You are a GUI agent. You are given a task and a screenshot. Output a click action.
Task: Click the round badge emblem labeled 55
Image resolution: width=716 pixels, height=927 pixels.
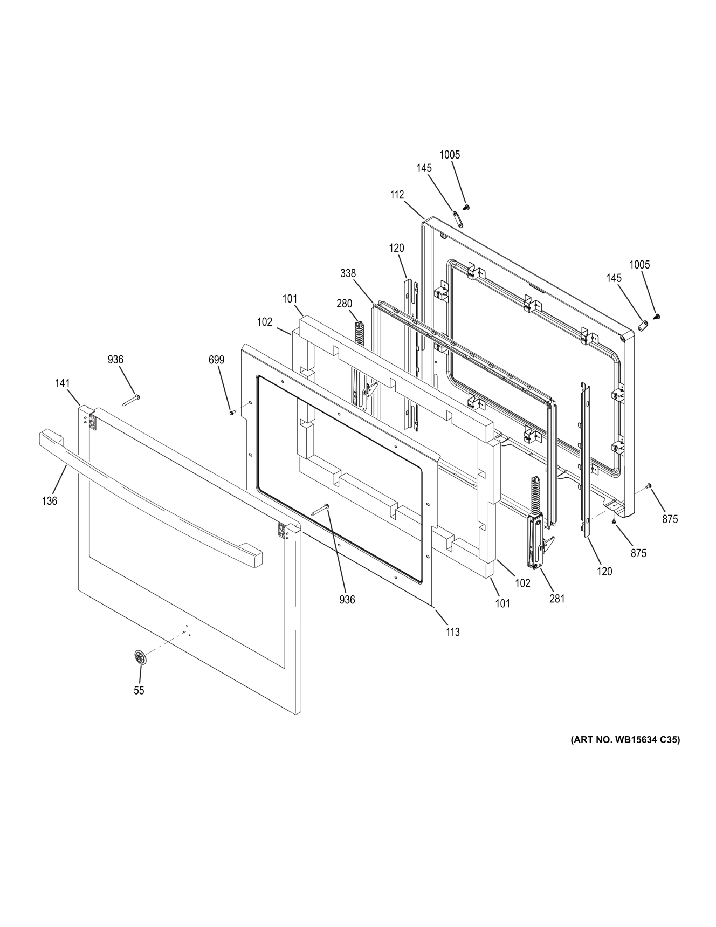(140, 658)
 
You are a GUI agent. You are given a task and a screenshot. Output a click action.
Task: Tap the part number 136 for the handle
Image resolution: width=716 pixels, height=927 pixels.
(49, 501)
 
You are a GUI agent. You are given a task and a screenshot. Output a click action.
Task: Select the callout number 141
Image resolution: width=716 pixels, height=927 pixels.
(63, 383)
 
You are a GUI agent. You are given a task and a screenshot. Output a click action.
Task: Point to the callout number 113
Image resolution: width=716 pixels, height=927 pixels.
(453, 632)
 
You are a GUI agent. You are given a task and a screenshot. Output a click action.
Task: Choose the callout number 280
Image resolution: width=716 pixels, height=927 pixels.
(344, 304)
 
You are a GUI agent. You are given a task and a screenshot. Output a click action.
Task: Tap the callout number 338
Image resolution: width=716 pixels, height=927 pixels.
(348, 273)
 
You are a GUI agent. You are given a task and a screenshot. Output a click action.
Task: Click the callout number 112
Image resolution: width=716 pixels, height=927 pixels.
(397, 195)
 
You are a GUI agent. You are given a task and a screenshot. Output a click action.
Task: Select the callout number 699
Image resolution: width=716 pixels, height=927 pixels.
(217, 360)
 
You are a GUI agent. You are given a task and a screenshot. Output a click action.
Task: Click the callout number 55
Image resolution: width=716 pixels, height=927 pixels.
(139, 690)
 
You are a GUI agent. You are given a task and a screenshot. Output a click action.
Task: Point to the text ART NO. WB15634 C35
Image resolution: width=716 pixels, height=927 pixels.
(625, 740)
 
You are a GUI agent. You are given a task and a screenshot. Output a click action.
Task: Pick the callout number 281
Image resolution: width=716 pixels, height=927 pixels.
(557, 598)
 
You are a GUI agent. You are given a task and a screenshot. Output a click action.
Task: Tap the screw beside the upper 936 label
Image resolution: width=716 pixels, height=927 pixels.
(132, 400)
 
